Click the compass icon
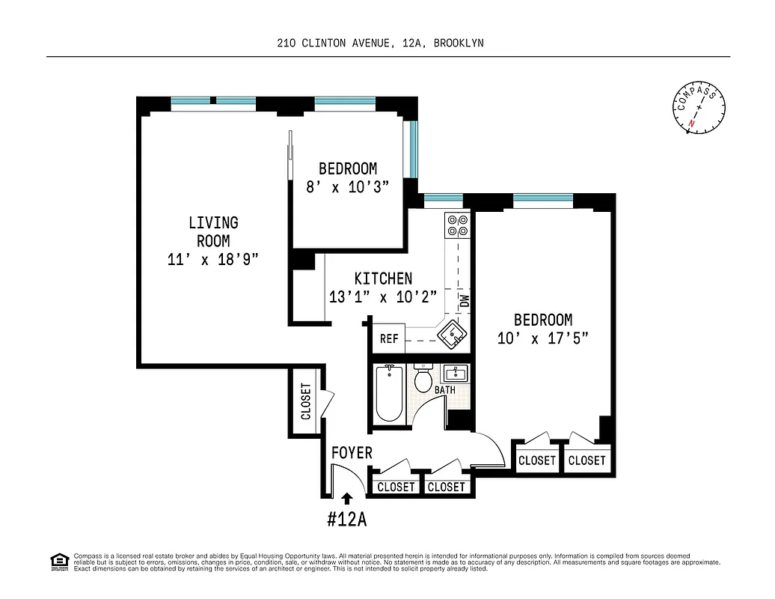coord(700,109)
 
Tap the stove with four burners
coord(456,226)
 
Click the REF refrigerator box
coord(389,338)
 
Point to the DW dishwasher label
coord(464,302)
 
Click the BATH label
coord(446,390)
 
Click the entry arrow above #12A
coord(346,496)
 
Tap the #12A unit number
coord(346,518)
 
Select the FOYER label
coord(352,453)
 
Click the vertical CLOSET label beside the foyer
coord(305,401)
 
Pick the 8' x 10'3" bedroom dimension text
coord(348,187)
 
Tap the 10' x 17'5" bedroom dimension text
coord(543,338)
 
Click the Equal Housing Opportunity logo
coord(58,561)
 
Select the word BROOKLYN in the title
coord(459,43)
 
